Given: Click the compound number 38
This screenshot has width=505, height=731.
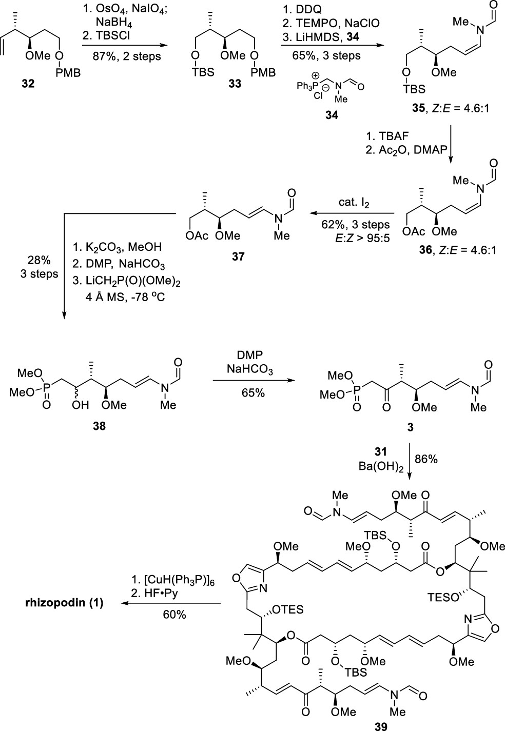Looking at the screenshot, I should click(98, 425).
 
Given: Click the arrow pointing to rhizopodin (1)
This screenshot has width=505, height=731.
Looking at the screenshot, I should click(172, 604).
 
